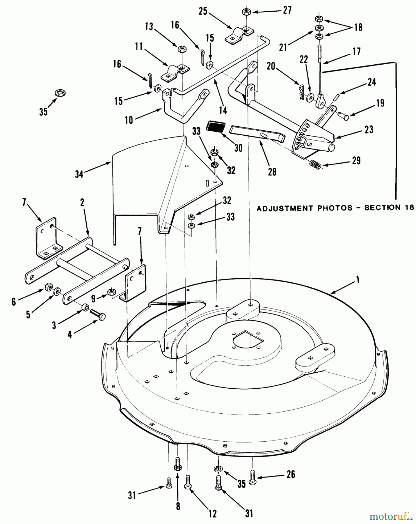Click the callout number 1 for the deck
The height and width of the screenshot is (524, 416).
click(x=358, y=280)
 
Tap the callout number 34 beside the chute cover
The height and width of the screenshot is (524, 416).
click(x=79, y=174)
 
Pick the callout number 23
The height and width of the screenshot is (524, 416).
click(x=369, y=129)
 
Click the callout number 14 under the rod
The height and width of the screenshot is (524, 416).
click(x=223, y=110)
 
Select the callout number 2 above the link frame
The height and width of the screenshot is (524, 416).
click(x=82, y=203)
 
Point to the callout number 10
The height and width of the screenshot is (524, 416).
click(x=129, y=120)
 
